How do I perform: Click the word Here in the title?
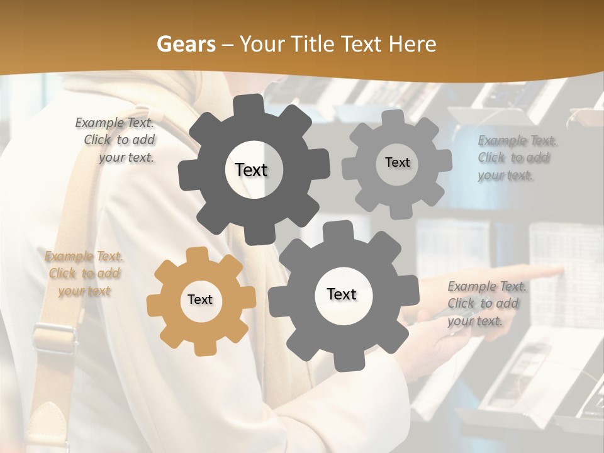(412, 44)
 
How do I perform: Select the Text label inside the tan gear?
(200, 300)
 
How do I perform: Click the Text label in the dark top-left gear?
(251, 170)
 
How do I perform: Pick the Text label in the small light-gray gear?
(397, 162)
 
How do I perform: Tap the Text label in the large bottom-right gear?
(342, 294)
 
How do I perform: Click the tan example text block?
(84, 274)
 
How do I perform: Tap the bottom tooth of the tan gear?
(202, 348)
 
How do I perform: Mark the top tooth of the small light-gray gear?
(393, 118)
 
